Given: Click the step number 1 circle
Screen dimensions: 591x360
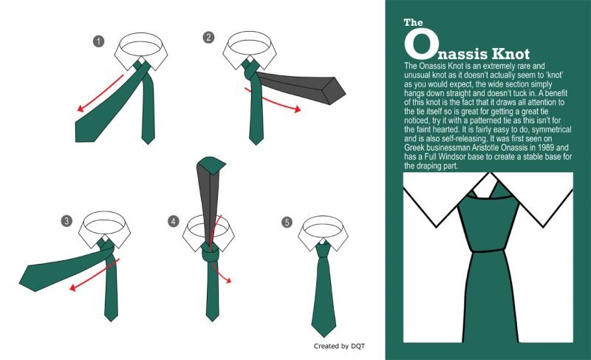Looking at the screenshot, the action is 99,41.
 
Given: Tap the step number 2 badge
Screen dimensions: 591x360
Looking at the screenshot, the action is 208,37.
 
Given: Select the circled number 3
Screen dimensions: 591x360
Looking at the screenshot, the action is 66,221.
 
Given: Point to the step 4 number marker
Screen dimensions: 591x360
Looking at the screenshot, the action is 174,221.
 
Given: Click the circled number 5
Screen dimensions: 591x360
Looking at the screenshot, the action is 287,223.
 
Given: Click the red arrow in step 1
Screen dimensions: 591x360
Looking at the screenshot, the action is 100,93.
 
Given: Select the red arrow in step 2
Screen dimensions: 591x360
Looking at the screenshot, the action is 272,101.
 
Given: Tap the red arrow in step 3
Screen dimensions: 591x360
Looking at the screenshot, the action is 95,275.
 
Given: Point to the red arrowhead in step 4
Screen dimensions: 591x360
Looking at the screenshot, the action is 228,280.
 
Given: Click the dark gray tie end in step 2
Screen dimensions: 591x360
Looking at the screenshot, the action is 301,87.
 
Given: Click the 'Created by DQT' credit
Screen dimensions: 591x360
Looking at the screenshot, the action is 339,346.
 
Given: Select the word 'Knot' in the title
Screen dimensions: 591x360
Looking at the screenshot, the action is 510,54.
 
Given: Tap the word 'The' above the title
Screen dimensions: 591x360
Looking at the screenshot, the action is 413,22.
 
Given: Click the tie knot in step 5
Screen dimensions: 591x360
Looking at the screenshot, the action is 323,251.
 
